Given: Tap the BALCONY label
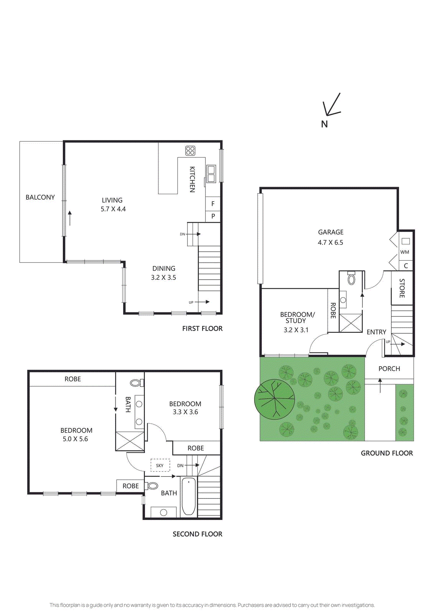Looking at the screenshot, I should tap(40, 197).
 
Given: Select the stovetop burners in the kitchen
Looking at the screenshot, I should tap(190, 151).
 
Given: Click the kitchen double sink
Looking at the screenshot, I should tap(211, 174).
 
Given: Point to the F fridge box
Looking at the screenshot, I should tap(213, 204).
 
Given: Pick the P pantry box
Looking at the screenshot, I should tap(213, 216).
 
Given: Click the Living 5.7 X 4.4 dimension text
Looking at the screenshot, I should tap(113, 209).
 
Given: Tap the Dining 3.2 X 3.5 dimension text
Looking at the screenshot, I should tap(163, 278).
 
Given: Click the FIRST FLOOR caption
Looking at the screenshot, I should tap(202, 328).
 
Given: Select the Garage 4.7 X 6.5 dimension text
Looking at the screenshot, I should tap(330, 243).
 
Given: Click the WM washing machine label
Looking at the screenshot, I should tap(404, 252).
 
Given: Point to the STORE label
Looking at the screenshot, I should tap(402, 288).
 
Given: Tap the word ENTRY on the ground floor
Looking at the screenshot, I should tap(376, 332).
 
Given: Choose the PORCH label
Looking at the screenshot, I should tap(389, 369).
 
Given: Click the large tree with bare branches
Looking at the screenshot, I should tap(275, 399).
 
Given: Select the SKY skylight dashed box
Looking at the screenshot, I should tap(160, 465).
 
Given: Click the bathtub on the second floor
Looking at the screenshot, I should tap(189, 496).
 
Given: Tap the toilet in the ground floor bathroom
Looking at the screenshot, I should tap(351, 279).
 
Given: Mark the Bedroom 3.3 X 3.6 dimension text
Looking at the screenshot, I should tap(185, 412).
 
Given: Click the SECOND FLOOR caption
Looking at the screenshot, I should tap(197, 534).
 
